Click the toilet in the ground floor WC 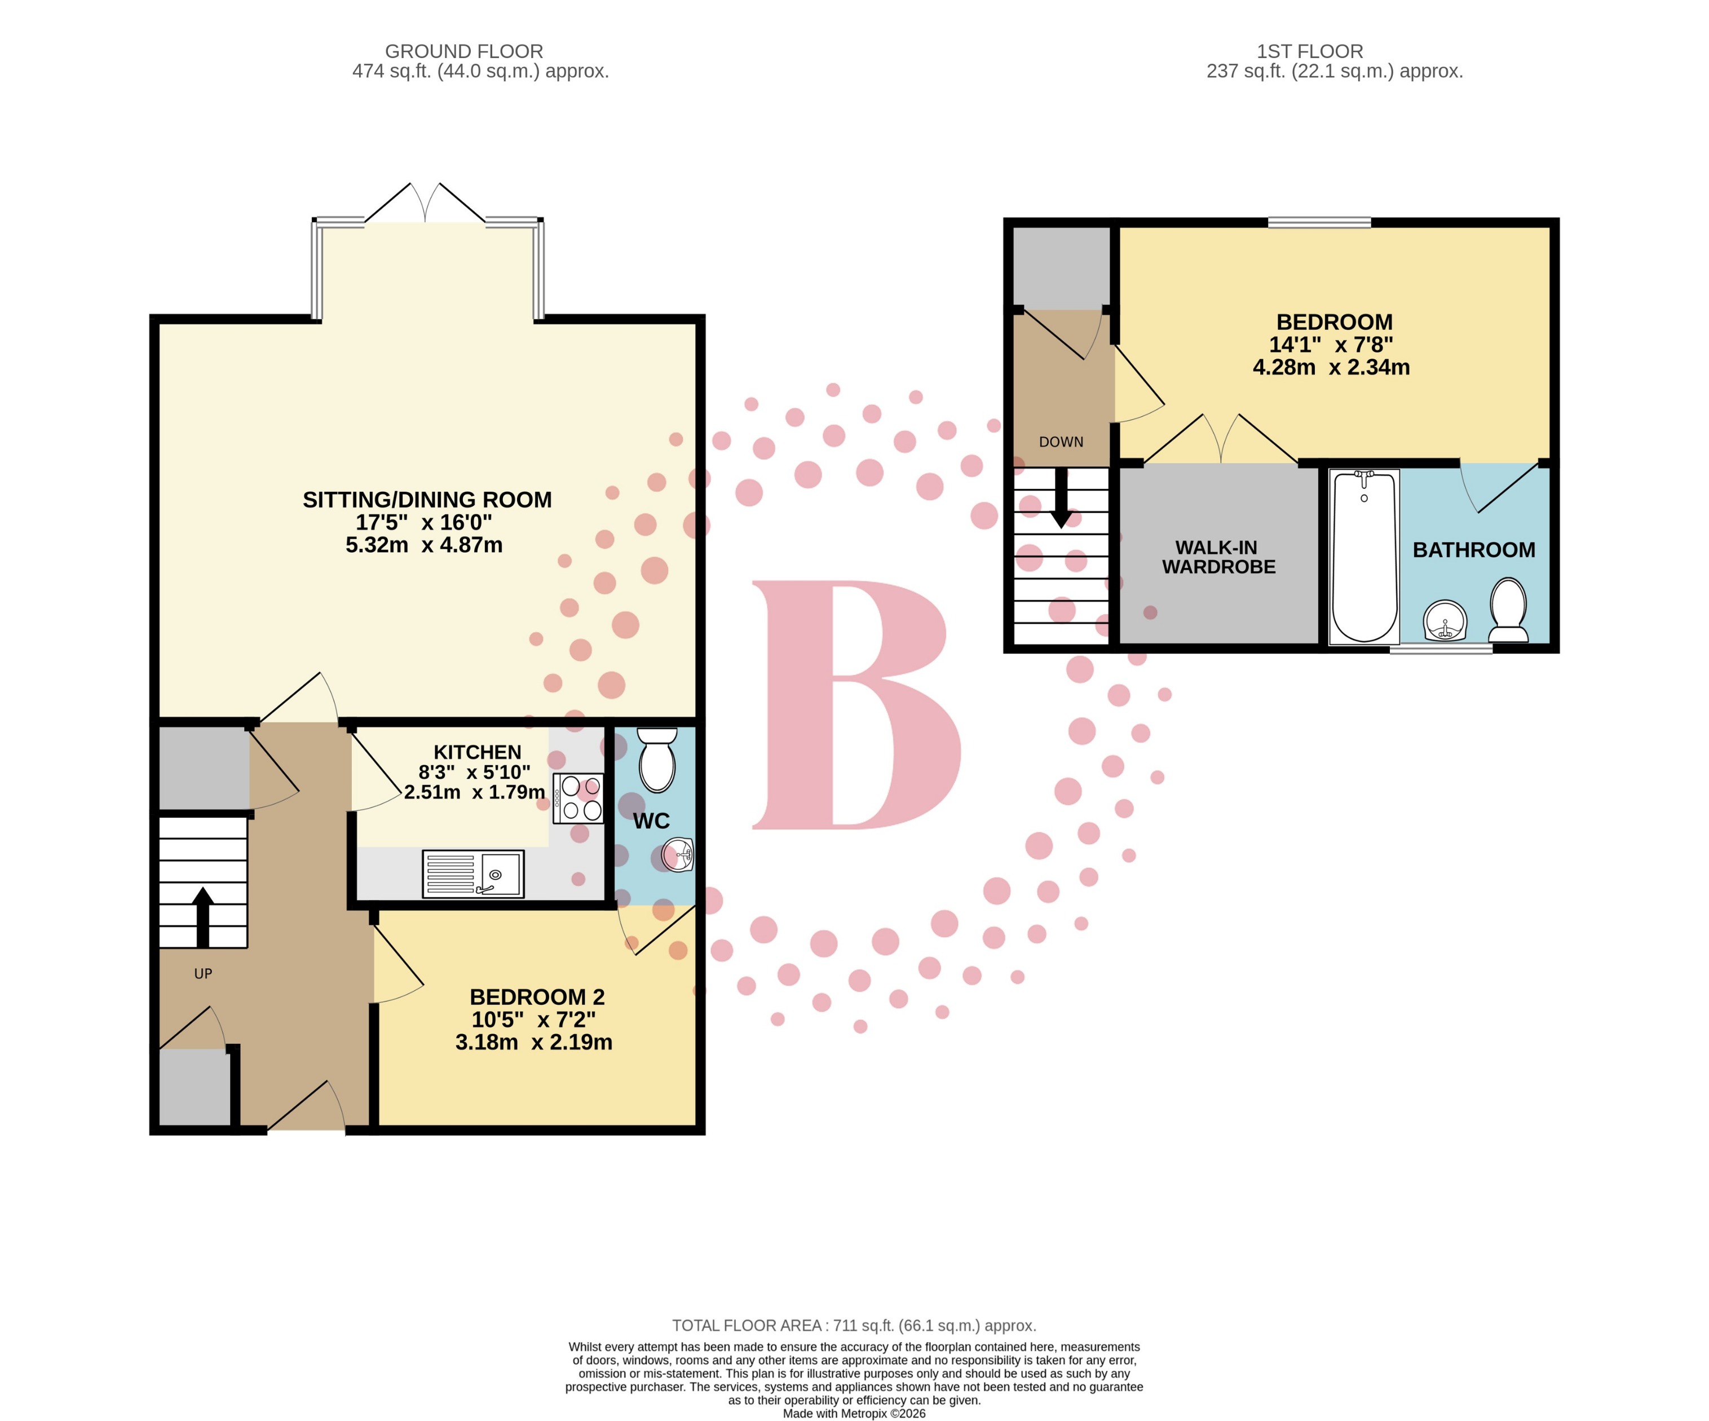click(657, 760)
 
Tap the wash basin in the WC click(678, 854)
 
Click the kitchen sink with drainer click(473, 874)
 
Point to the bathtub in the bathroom click(1364, 557)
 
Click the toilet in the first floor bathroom click(1507, 610)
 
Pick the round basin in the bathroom click(1445, 622)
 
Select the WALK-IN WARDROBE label click(1218, 558)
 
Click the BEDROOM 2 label click(537, 997)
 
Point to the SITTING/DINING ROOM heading click(427, 500)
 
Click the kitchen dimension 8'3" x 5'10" click(474, 771)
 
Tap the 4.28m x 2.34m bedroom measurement click(1331, 367)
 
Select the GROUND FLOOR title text click(464, 51)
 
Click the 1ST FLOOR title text click(1309, 51)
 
